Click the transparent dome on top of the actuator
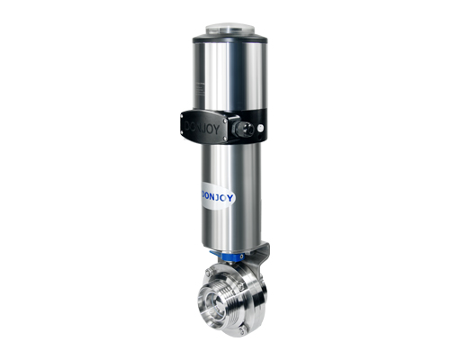(229, 29)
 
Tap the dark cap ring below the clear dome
(229, 39)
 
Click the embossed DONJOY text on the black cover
(202, 127)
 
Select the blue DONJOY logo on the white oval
(217, 197)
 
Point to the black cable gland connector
(242, 129)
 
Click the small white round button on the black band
(261, 128)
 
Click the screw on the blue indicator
(241, 256)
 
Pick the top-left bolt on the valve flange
(208, 272)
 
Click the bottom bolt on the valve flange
(243, 331)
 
